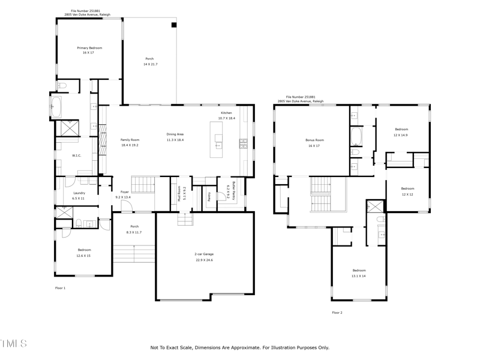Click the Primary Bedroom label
pyautogui.click(x=89, y=47)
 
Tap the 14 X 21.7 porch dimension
pyautogui.click(x=149, y=64)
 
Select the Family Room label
pyautogui.click(x=130, y=140)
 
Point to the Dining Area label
pyautogui.click(x=175, y=134)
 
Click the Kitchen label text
pyautogui.click(x=226, y=113)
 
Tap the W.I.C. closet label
pyautogui.click(x=77, y=155)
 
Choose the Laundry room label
pyautogui.click(x=79, y=193)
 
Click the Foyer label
pyautogui.click(x=124, y=192)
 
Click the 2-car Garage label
pyautogui.click(x=203, y=254)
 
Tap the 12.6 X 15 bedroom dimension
pyautogui.click(x=83, y=255)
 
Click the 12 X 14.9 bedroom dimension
pyautogui.click(x=401, y=135)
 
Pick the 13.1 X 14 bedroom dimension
pyautogui.click(x=359, y=275)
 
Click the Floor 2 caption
pyautogui.click(x=337, y=312)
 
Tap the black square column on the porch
pyautogui.click(x=173, y=25)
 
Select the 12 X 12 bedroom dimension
pyautogui.click(x=407, y=194)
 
